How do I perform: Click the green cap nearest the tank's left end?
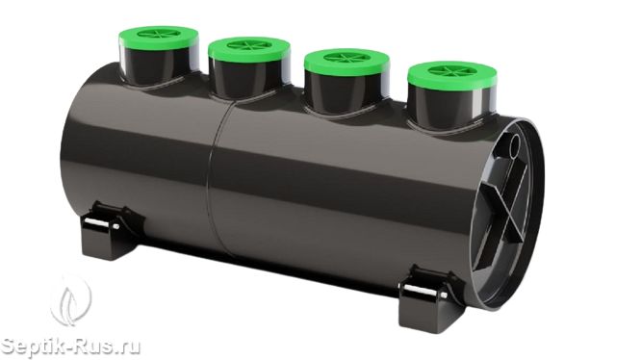point(159,37)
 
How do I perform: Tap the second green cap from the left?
point(249,48)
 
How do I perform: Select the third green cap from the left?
point(346,60)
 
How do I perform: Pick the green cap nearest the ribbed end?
point(452,74)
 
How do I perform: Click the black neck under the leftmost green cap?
point(159,65)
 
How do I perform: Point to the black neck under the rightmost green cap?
point(450,104)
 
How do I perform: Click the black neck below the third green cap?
point(346,90)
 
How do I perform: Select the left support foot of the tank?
point(111,230)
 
